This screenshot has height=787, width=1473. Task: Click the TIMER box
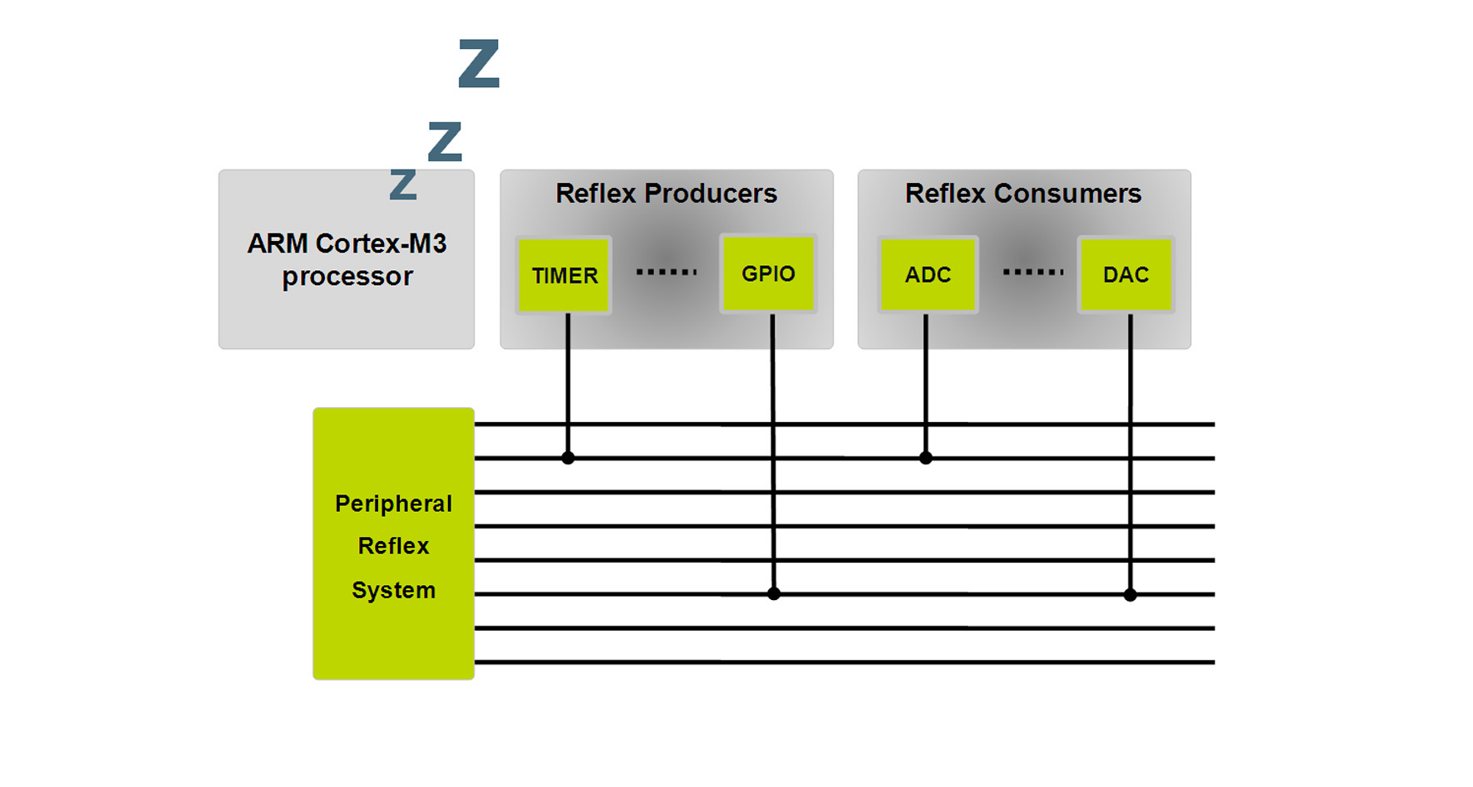pos(564,275)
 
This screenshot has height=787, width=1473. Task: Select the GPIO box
pos(768,273)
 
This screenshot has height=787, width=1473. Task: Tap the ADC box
pos(928,275)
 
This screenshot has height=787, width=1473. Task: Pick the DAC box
pos(1126,275)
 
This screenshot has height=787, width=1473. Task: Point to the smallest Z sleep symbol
pos(403,184)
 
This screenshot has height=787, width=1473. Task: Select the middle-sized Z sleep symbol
pos(445,141)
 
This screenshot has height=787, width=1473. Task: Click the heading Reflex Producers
pos(666,194)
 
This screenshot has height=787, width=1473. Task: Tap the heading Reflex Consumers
pos(1022,194)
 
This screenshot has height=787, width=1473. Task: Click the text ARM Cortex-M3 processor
pos(347,259)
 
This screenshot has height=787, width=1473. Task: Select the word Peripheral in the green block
pos(393,504)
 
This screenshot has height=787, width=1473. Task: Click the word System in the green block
pos(393,590)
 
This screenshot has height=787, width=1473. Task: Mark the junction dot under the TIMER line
pos(568,458)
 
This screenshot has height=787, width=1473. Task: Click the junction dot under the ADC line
pos(926,458)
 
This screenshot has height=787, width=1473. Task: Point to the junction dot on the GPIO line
pos(774,593)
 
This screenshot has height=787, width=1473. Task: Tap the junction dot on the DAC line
pos(1131,594)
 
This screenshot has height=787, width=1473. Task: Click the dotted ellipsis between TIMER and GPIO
pos(666,272)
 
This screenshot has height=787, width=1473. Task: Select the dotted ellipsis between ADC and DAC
pos(1032,272)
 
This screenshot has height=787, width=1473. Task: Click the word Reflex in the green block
pos(393,546)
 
